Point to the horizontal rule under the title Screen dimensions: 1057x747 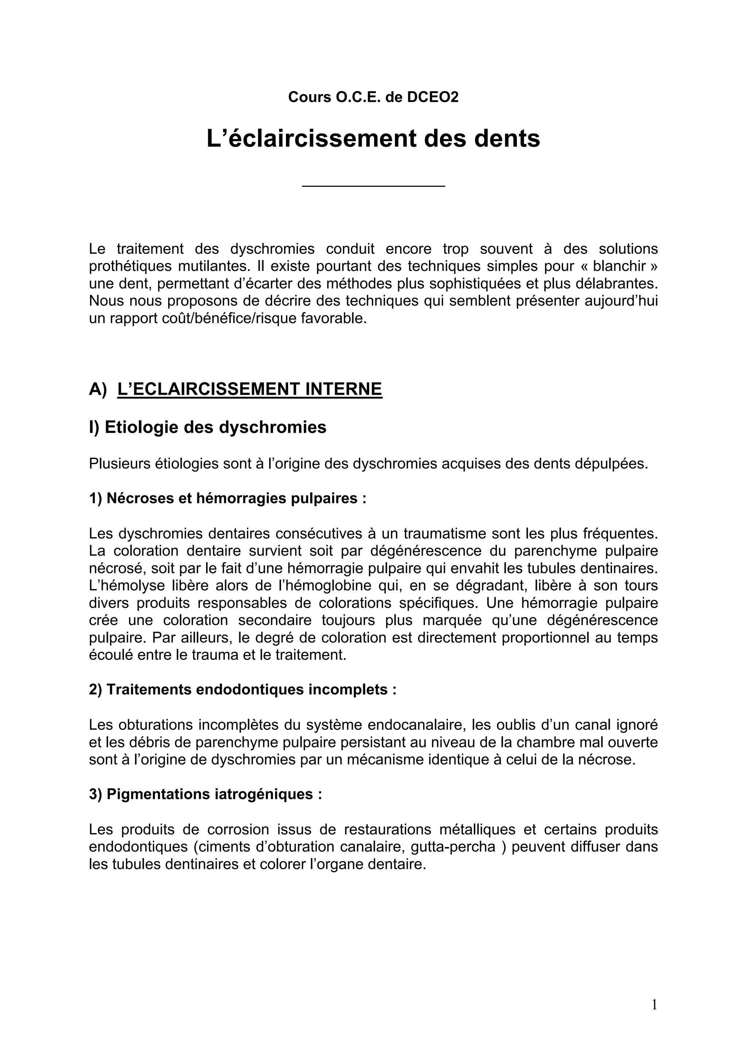[x=373, y=186]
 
